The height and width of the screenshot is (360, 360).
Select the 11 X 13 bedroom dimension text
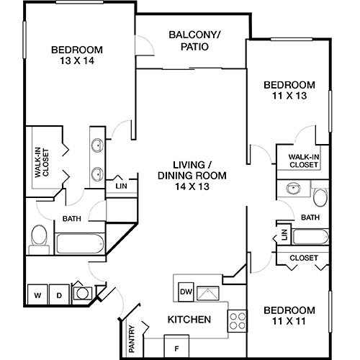point(289,94)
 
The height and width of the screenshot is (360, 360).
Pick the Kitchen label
point(189,319)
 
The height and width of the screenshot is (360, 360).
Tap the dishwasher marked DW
point(184,292)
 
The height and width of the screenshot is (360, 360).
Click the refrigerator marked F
point(176,344)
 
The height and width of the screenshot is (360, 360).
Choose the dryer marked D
point(60,294)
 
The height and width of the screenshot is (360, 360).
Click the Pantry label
point(132,338)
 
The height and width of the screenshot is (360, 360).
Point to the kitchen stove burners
point(237,321)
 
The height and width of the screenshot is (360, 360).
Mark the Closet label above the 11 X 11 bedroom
point(303,258)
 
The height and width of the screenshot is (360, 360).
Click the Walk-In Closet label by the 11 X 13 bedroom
point(303,161)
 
